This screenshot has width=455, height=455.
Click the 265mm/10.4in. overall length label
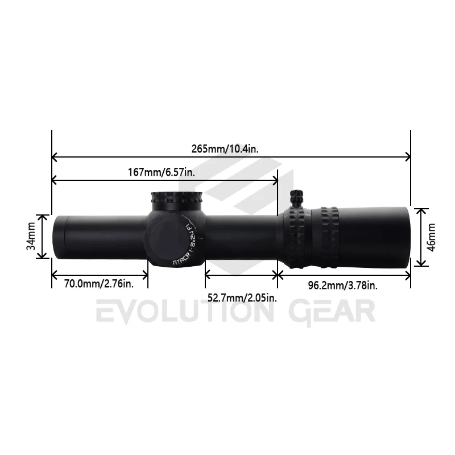tap(225, 149)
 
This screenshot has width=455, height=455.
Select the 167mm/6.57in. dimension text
tap(162, 172)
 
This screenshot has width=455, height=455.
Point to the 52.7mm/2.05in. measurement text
tap(242, 297)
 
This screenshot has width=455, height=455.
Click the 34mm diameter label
tap(32, 236)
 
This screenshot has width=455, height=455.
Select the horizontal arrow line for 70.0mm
tap(100, 275)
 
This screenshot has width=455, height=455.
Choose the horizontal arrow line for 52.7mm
tap(241, 275)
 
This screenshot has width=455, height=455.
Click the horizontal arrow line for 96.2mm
tap(344, 275)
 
